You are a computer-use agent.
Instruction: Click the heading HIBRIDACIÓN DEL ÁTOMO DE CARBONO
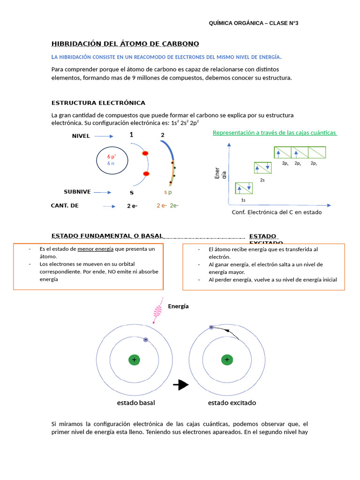click(x=125, y=44)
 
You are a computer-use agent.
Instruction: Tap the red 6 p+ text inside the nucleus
click(x=112, y=156)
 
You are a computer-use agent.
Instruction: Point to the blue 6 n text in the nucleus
click(x=111, y=163)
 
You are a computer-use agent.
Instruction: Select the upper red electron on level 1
click(x=145, y=153)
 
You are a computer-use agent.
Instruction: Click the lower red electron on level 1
click(x=146, y=174)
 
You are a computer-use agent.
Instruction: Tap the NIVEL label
click(x=81, y=136)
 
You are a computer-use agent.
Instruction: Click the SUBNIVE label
click(x=77, y=192)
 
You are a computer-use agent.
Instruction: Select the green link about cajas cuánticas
click(x=275, y=133)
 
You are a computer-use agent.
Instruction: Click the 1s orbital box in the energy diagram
click(x=244, y=188)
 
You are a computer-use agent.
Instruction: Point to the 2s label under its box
click(x=262, y=180)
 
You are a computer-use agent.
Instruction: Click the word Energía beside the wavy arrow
click(x=178, y=306)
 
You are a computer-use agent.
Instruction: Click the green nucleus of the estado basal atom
click(x=135, y=360)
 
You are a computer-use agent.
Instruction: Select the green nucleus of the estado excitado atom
click(x=227, y=360)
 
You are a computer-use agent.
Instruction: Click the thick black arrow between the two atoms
click(x=180, y=385)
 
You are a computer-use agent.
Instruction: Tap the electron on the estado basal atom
click(x=145, y=339)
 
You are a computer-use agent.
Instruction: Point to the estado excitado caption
click(x=232, y=403)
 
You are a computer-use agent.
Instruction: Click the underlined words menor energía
click(x=96, y=249)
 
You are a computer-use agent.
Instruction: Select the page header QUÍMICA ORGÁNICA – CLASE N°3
click(x=254, y=23)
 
